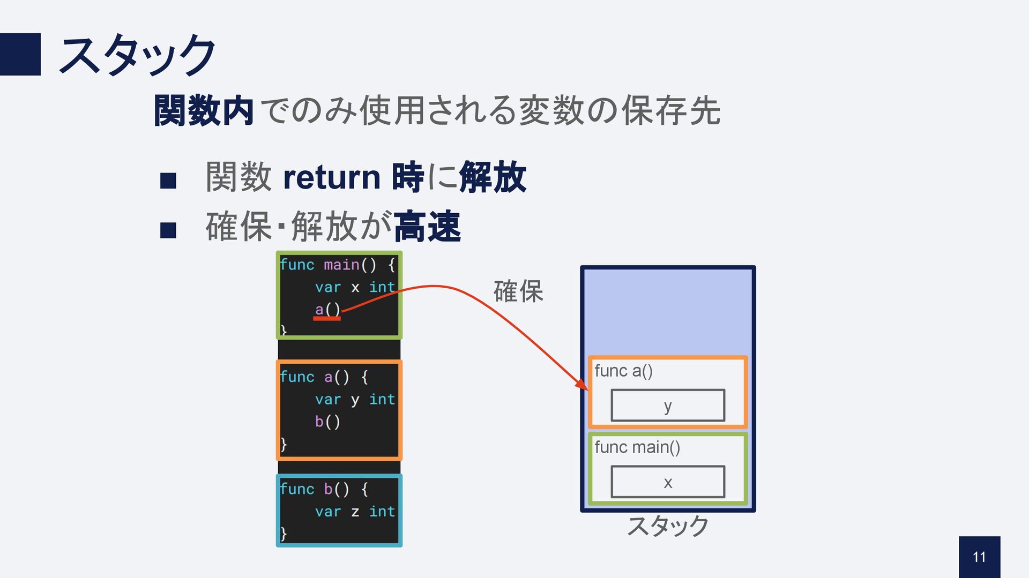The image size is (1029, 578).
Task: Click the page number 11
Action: tap(979, 557)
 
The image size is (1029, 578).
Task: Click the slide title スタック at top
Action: tap(137, 55)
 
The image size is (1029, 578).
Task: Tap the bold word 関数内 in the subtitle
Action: tap(203, 111)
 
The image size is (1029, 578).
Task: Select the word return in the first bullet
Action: tap(331, 177)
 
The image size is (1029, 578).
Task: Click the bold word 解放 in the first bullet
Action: tap(493, 177)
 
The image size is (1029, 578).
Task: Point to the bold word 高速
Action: tap(427, 227)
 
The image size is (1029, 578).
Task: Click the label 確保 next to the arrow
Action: tap(518, 292)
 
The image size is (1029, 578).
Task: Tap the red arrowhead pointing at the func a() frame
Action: tap(582, 385)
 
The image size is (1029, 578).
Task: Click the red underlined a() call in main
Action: tap(327, 310)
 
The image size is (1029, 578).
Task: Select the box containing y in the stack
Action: tap(667, 406)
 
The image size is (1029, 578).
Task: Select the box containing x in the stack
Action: tap(667, 482)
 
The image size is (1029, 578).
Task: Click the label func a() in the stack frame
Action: tap(623, 371)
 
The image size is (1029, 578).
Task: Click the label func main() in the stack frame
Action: tap(637, 447)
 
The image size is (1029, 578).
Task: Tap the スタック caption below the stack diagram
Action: tap(667, 526)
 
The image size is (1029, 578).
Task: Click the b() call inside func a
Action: tap(327, 422)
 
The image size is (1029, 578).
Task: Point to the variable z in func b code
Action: tap(355, 512)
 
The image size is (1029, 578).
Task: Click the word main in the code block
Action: tap(341, 265)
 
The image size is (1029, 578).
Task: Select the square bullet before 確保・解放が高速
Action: tap(168, 230)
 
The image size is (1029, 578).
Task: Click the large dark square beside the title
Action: tap(20, 54)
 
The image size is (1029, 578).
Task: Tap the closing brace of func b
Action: tap(284, 534)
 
